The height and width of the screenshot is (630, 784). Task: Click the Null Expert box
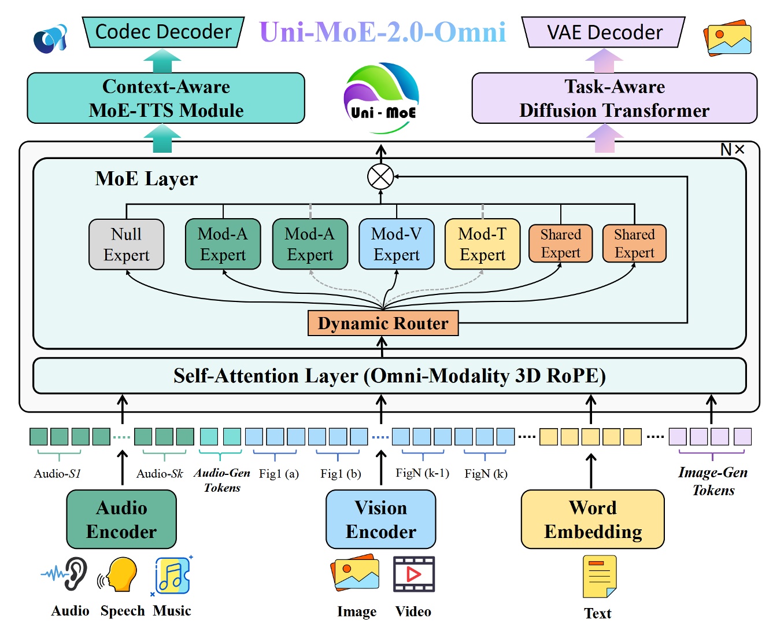coord(126,244)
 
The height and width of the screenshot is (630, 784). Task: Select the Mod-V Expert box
coord(396,244)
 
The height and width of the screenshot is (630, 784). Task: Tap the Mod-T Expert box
coord(482,244)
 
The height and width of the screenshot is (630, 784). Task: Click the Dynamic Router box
coord(383,323)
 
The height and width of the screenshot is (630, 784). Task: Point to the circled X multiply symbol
coord(380,176)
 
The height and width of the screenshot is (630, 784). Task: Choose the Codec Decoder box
coord(163,32)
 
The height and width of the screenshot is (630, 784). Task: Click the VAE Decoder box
coord(604,32)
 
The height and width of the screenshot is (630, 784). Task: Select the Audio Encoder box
coord(121,520)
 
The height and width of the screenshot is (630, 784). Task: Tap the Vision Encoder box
coord(380,520)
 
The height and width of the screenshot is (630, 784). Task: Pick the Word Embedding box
coord(593,520)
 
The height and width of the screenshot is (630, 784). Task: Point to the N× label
coord(732,150)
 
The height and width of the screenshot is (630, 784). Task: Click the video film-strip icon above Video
coord(413,574)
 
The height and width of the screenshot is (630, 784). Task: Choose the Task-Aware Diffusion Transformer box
coord(614,98)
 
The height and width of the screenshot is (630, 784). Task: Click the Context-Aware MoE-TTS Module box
coord(166,98)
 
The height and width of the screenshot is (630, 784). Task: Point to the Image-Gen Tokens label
coord(713,481)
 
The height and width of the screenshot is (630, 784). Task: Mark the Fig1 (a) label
coord(279,474)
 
